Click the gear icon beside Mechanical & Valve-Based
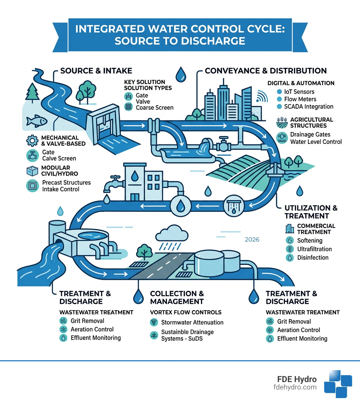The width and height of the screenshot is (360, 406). pyautogui.click(x=32, y=141)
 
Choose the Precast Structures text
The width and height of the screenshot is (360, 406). pyautogui.click(x=66, y=183)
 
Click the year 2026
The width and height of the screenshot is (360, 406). pyautogui.click(x=251, y=240)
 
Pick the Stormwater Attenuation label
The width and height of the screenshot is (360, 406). pyautogui.click(x=192, y=322)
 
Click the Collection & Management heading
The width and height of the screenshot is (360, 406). pyautogui.click(x=177, y=297)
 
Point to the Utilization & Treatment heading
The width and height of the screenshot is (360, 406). pyautogui.click(x=311, y=212)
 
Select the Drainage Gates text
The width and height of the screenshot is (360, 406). pyautogui.click(x=310, y=134)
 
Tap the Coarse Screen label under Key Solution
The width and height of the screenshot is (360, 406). pyautogui.click(x=154, y=108)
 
